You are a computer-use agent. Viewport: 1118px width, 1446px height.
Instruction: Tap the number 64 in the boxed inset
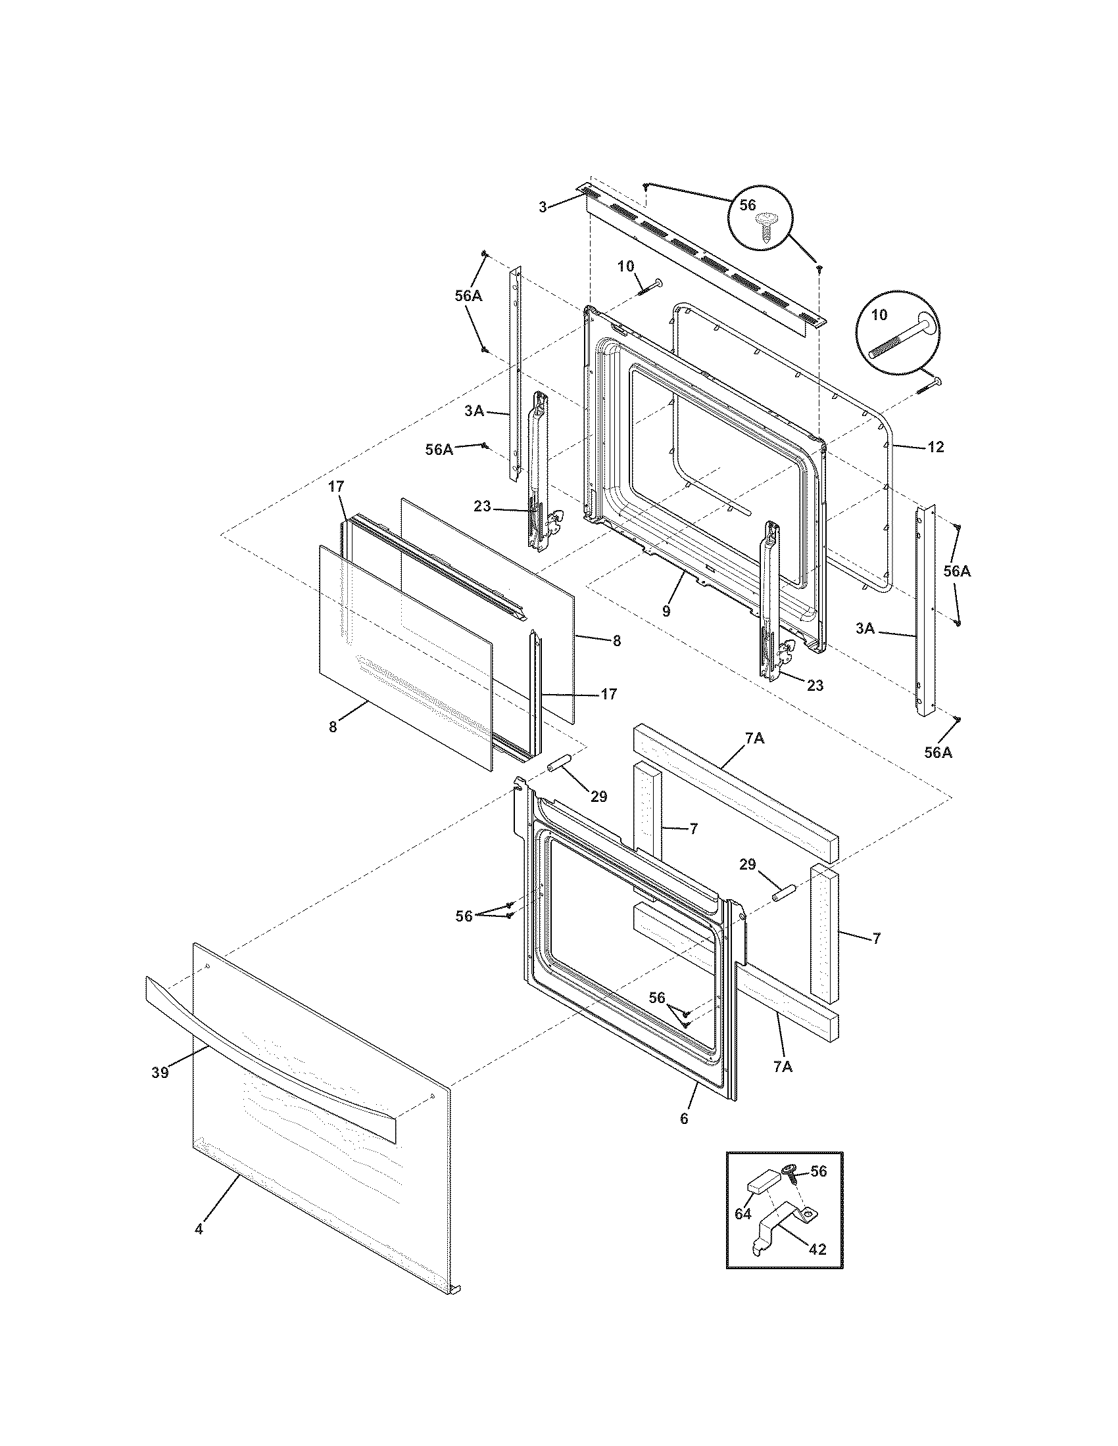click(x=742, y=1214)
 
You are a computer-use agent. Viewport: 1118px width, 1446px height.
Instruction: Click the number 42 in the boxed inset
click(x=817, y=1249)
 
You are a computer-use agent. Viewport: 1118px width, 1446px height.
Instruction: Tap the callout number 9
click(x=666, y=611)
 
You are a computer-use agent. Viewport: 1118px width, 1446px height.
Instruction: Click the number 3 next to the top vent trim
click(x=542, y=207)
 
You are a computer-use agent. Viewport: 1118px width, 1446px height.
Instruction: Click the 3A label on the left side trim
click(x=474, y=411)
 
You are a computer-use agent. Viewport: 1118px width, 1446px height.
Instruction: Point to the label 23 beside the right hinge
click(x=815, y=686)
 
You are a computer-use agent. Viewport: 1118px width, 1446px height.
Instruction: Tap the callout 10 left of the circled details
click(x=625, y=266)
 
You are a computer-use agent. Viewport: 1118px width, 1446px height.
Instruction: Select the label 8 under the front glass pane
click(x=332, y=727)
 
